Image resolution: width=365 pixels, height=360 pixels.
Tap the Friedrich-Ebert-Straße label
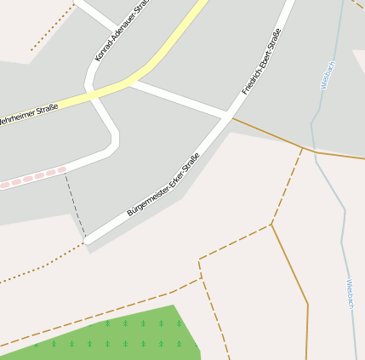tap(261, 61)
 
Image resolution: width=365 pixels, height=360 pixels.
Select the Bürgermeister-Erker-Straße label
tap(163, 184)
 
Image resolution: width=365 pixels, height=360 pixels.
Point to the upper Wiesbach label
tap(327, 75)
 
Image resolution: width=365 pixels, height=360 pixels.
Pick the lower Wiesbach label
tap(351, 294)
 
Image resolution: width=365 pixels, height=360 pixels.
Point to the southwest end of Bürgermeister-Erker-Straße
tap(87, 241)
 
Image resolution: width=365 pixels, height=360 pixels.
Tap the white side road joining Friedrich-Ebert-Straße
tap(179, 99)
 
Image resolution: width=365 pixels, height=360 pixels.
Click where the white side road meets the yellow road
tap(129, 83)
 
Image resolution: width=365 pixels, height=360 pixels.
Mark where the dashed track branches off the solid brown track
tap(302, 148)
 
